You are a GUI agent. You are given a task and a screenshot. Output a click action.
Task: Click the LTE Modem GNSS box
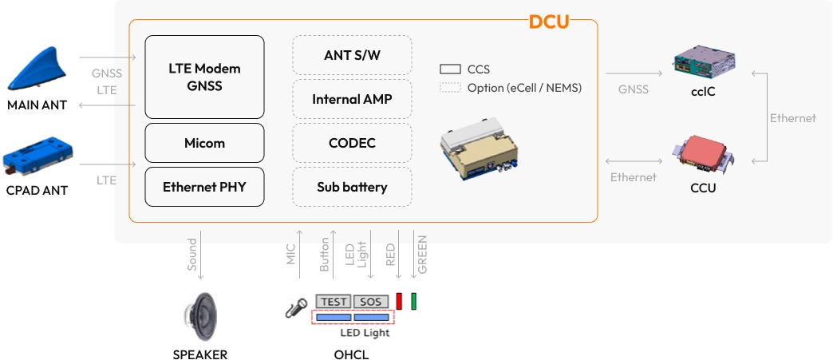[x=204, y=77]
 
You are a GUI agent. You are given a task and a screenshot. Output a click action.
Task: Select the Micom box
[x=204, y=143]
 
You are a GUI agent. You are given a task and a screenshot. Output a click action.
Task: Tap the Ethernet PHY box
[x=204, y=188]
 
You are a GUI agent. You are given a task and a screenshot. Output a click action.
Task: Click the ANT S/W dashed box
[x=352, y=56]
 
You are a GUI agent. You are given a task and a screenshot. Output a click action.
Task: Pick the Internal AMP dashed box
[x=352, y=100]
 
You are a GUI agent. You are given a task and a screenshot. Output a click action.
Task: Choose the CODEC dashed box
[x=352, y=144]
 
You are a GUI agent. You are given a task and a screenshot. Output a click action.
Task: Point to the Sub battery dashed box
[x=352, y=188]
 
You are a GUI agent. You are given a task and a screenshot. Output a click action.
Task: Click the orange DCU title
[x=549, y=22]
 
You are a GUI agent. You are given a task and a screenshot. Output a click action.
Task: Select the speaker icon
[x=199, y=316]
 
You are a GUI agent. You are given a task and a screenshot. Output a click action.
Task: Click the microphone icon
[x=296, y=308]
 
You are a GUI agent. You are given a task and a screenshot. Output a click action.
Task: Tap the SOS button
[x=371, y=302]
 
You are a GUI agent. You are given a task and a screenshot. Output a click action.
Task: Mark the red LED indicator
[x=399, y=301]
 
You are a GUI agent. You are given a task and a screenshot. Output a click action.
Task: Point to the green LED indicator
[x=413, y=301]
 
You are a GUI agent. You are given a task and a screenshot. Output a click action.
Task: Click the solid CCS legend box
[x=451, y=69]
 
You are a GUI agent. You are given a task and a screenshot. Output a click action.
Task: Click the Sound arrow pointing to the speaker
[x=200, y=255]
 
